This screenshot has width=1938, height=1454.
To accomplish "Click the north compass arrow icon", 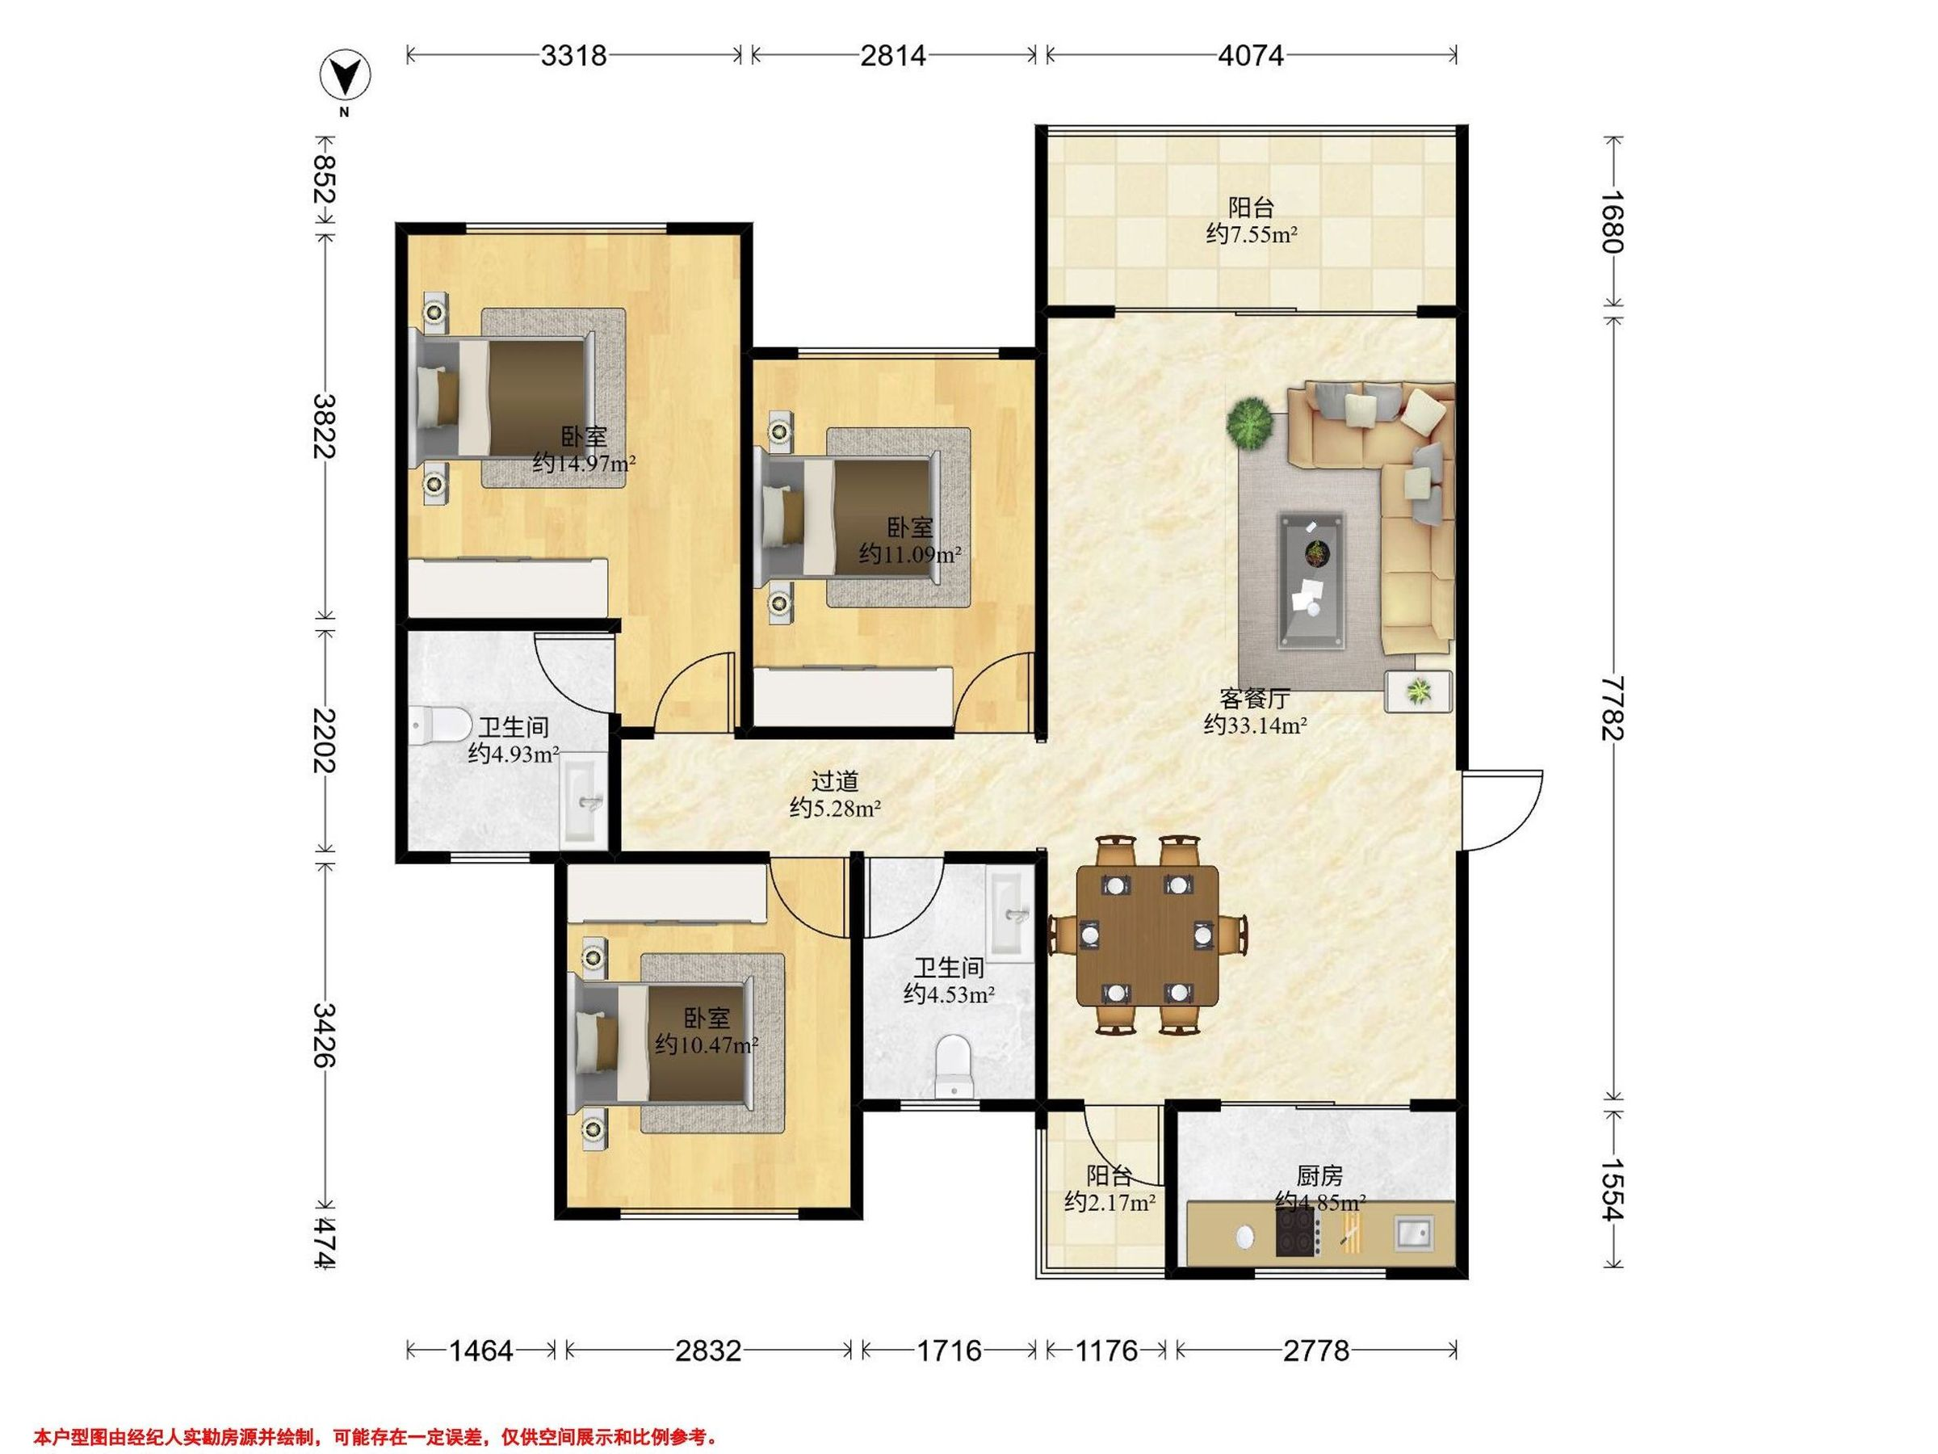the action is coord(346,76).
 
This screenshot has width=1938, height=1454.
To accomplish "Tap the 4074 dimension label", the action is coord(1251,56).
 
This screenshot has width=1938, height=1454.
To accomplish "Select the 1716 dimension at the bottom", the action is coord(949,1351).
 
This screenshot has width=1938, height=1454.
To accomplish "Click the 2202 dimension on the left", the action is coord(324,740).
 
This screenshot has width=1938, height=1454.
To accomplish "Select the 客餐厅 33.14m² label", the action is coord(1256,712).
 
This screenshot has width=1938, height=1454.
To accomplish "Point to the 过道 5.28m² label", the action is coord(835,794).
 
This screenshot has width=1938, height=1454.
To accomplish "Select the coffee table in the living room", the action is coord(1311,581).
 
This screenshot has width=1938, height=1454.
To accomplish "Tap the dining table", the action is coord(1147,937).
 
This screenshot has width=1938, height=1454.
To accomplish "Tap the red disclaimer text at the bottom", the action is coord(375,1413).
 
